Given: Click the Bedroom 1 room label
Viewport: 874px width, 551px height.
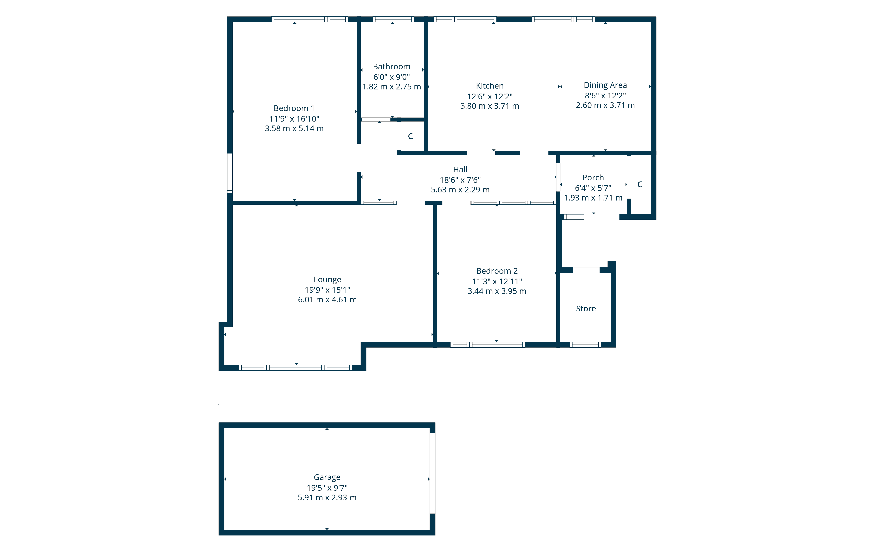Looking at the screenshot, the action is click(294, 108).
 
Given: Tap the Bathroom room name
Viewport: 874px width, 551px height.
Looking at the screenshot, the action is click(392, 66).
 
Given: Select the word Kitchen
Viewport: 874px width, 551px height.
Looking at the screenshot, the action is click(490, 86).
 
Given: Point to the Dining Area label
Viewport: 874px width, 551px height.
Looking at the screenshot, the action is click(605, 85).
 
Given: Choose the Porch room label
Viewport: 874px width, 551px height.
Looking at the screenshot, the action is click(593, 178).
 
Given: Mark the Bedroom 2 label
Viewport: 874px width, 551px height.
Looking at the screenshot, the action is click(497, 271).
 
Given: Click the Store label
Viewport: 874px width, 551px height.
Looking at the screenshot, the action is click(586, 308).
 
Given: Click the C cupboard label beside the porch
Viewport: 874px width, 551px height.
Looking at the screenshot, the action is click(640, 185).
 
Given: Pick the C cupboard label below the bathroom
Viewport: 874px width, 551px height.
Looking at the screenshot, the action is click(411, 136).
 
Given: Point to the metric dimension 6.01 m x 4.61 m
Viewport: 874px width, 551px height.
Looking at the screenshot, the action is click(327, 300).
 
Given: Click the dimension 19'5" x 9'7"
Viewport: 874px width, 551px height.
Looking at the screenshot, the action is click(327, 487).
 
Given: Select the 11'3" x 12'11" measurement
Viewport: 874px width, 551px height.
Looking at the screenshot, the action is click(497, 281).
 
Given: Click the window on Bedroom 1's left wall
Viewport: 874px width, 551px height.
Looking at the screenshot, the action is click(230, 173).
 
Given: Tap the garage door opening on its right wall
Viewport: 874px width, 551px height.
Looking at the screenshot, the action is click(432, 473).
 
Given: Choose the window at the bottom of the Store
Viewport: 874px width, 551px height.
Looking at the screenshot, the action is click(585, 345).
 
